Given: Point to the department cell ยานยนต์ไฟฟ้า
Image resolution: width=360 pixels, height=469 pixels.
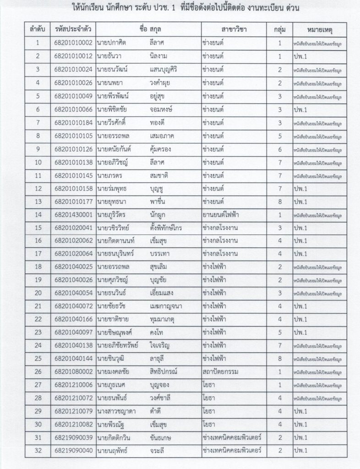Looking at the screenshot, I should [222, 214].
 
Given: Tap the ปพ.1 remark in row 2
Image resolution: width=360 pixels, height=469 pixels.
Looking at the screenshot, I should [301, 56].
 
